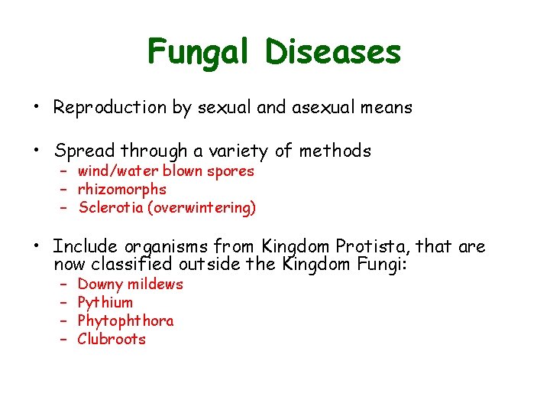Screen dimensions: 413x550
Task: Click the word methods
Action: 335,151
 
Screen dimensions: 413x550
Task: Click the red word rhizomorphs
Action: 121,189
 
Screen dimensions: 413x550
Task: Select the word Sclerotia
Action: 109,207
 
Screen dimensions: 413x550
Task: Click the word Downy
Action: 100,285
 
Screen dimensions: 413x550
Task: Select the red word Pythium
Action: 105,303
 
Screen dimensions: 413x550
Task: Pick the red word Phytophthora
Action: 125,321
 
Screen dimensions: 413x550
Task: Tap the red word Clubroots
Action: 111,339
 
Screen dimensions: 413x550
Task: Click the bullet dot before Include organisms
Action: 36,246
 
